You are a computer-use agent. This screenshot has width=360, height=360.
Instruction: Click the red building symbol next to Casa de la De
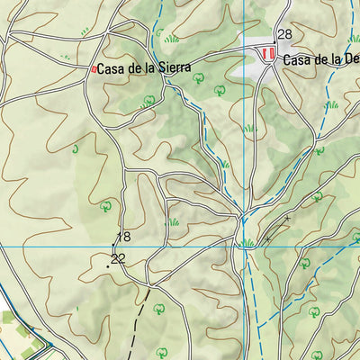(267, 55)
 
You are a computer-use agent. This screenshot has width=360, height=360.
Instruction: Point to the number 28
(284, 34)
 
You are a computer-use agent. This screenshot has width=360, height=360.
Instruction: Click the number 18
(123, 237)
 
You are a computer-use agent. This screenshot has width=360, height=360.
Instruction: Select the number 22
(118, 258)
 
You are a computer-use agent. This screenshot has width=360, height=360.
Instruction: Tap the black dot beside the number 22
(108, 265)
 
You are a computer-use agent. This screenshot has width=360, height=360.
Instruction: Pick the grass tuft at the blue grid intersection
(246, 242)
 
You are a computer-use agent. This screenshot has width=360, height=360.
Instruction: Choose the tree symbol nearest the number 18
(107, 205)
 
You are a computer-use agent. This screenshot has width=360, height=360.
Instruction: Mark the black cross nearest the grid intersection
(267, 238)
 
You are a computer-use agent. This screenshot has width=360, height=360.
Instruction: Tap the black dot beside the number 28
(274, 41)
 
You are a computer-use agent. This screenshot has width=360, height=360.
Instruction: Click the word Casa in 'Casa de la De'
(297, 60)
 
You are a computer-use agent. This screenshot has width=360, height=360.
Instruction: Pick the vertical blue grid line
(242, 135)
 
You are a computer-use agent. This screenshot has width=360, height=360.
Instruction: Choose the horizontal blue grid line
(54, 246)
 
